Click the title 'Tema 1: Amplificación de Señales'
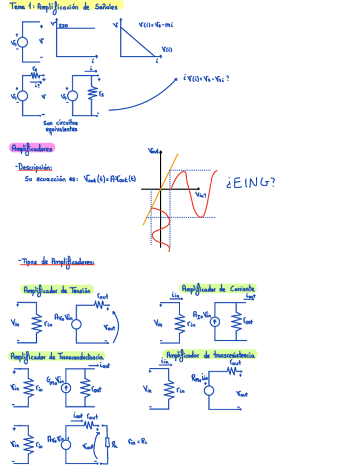point(66,6)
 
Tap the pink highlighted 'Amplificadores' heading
point(32,148)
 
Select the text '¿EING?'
point(250,183)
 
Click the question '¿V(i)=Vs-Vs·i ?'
point(206,79)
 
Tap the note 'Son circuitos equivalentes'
point(60,126)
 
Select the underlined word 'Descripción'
point(35,166)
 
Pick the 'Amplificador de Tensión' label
point(56,290)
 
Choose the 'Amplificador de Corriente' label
point(218,289)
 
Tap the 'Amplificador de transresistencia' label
point(211,355)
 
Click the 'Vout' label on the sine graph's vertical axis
point(154,151)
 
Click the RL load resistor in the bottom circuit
point(107,445)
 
